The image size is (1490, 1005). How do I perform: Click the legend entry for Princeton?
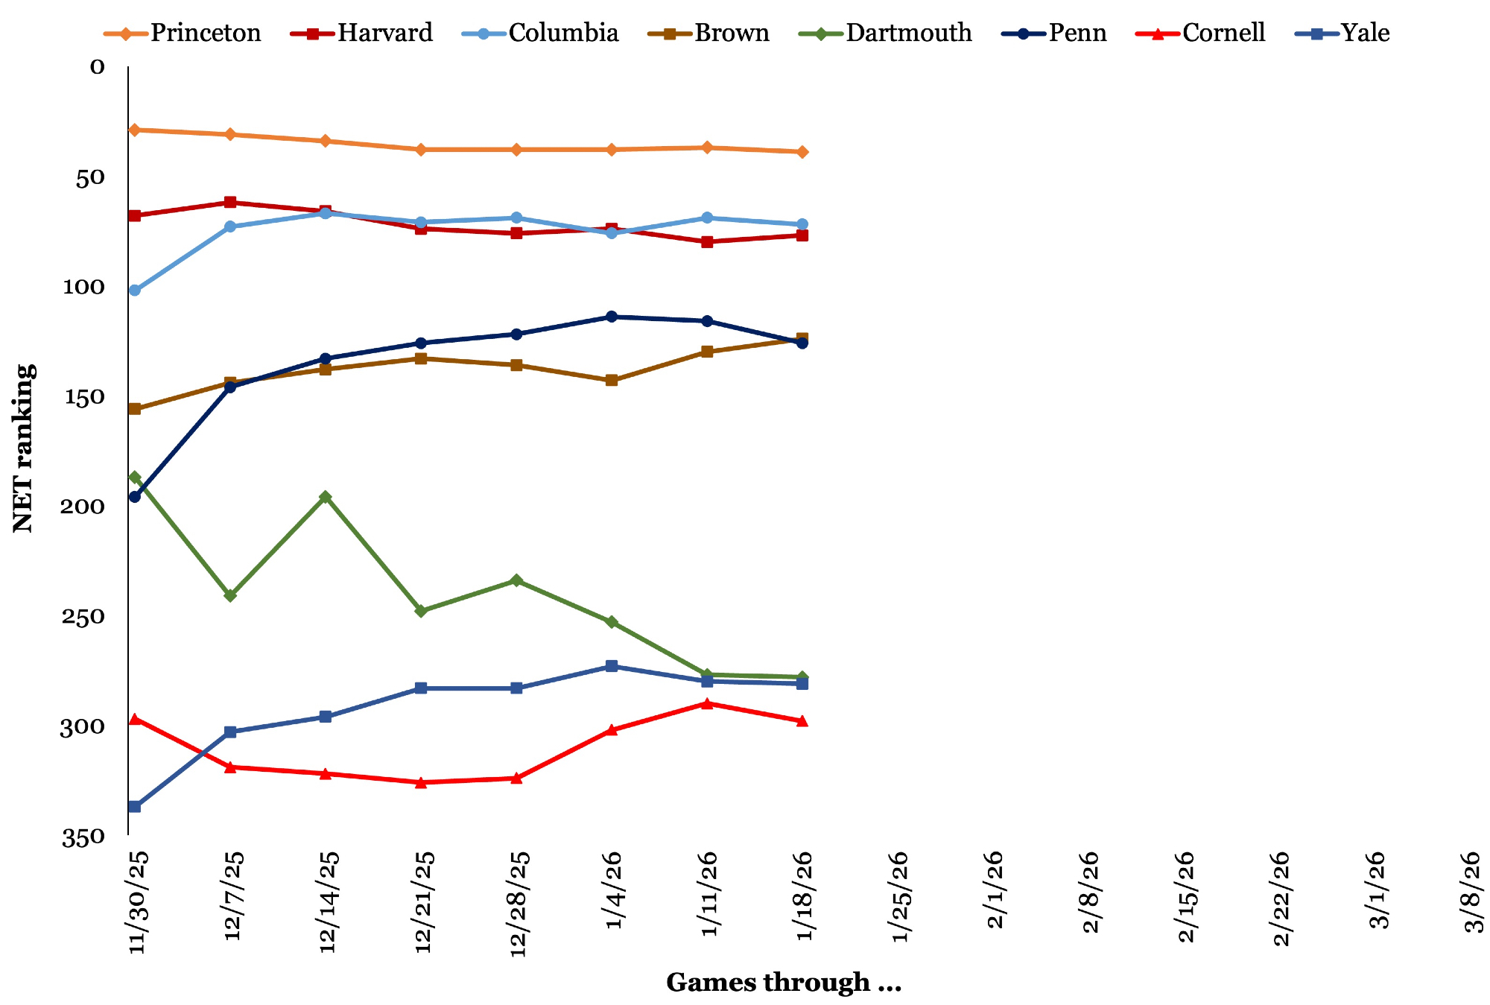(x=183, y=34)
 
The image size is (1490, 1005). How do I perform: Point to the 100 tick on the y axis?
(x=83, y=287)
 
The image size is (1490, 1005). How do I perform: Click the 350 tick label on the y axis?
(x=83, y=838)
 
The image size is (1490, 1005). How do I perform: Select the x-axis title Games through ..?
(x=784, y=983)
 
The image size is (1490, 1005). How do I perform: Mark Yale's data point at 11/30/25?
(x=135, y=807)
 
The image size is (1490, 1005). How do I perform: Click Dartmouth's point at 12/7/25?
(x=230, y=596)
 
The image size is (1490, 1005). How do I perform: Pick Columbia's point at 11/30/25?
(x=135, y=291)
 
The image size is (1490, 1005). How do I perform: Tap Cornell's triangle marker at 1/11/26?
(x=707, y=703)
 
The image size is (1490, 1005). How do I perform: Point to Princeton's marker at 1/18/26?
(x=802, y=152)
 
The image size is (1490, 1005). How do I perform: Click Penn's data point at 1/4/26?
(x=612, y=317)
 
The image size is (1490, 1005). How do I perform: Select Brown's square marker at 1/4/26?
(x=612, y=381)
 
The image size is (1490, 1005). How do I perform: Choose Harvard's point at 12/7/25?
(x=230, y=203)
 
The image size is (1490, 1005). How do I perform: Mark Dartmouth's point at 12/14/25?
(x=326, y=497)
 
